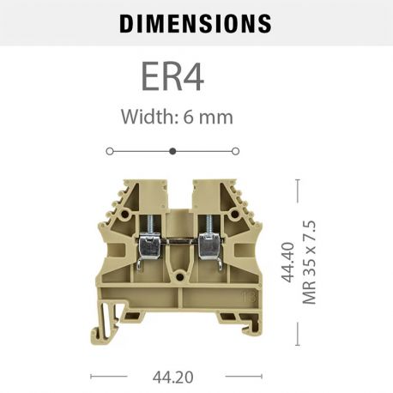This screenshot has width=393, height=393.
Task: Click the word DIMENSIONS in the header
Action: click(x=196, y=23)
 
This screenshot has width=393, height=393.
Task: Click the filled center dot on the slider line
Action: click(x=172, y=150)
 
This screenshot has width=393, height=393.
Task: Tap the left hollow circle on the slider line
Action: click(x=109, y=150)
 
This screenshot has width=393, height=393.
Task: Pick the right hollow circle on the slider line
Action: click(x=236, y=150)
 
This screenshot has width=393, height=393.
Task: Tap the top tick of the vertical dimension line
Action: click(x=297, y=180)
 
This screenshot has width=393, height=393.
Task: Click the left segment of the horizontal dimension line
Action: click(x=109, y=376)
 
